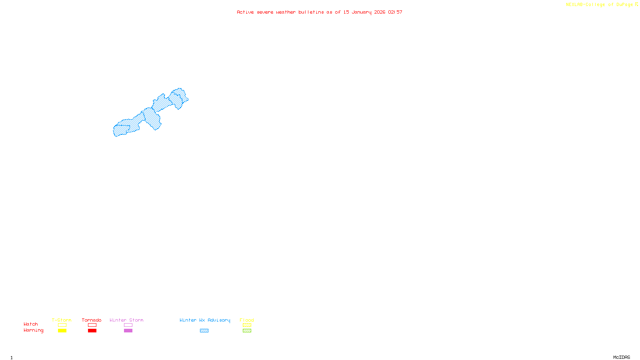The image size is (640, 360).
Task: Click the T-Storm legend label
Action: pos(62,320)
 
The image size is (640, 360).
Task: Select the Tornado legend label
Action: pos(92,320)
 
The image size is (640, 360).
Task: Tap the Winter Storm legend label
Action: pos(126,320)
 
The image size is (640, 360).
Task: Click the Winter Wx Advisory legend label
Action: pos(205,320)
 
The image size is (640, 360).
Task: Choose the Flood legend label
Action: pos(247,320)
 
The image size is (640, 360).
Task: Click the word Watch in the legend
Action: pos(31,324)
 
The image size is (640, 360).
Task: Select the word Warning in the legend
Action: pos(34,330)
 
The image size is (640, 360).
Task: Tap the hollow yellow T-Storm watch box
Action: pos(62,325)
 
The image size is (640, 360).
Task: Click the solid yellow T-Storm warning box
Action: pos(62,331)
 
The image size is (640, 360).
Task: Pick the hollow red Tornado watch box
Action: pos(92,325)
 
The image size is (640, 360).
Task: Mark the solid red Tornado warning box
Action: pos(92,331)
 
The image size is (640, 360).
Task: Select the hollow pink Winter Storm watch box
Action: pos(128,325)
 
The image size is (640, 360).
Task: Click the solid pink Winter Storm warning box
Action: pos(128,331)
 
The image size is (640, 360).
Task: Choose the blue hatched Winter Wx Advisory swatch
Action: pos(204,331)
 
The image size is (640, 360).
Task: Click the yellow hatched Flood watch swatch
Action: pos(247,325)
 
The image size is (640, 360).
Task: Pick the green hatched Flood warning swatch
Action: pos(247,331)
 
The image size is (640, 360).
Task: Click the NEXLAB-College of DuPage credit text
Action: pos(600,5)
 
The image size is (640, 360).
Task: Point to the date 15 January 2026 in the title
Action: pos(364,12)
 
